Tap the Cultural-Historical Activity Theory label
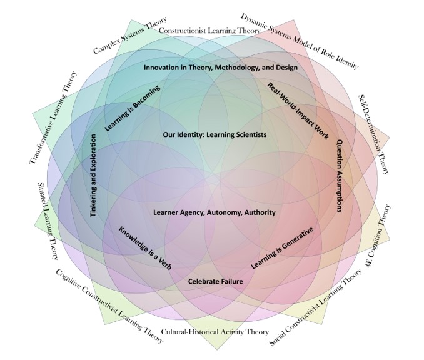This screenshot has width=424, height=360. [x=215, y=332]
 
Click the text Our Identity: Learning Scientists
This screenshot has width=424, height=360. [x=215, y=134]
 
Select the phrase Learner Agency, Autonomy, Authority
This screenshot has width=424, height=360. [x=215, y=212]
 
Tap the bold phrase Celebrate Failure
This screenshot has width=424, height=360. [x=215, y=281]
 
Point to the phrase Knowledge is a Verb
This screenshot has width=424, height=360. [x=145, y=247]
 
